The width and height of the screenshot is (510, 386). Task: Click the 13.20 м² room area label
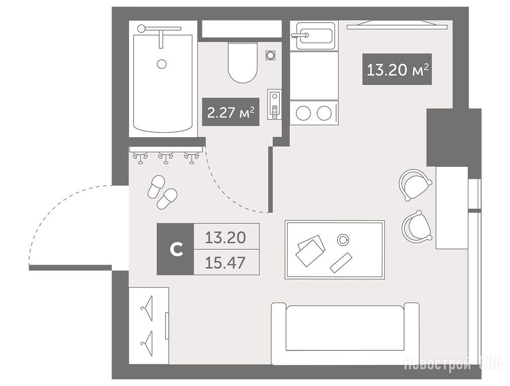(397, 69)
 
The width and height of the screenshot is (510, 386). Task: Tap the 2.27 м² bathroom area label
(231, 112)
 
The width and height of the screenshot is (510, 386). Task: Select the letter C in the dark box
(176, 249)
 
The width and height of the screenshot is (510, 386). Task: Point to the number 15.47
(225, 263)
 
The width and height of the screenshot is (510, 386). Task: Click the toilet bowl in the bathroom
(243, 62)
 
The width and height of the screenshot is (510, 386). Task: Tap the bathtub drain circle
(162, 63)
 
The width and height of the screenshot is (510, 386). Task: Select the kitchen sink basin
(315, 36)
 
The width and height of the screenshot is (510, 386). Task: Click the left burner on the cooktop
(303, 113)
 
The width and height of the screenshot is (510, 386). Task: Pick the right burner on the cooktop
(324, 113)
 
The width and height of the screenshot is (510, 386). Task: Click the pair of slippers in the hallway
(162, 192)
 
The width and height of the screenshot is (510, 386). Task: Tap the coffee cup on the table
(343, 240)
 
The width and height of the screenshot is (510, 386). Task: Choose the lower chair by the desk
(417, 226)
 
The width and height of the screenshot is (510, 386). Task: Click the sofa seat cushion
(345, 328)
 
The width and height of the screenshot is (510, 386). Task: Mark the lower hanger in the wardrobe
(147, 339)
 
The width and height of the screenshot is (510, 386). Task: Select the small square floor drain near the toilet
(270, 55)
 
